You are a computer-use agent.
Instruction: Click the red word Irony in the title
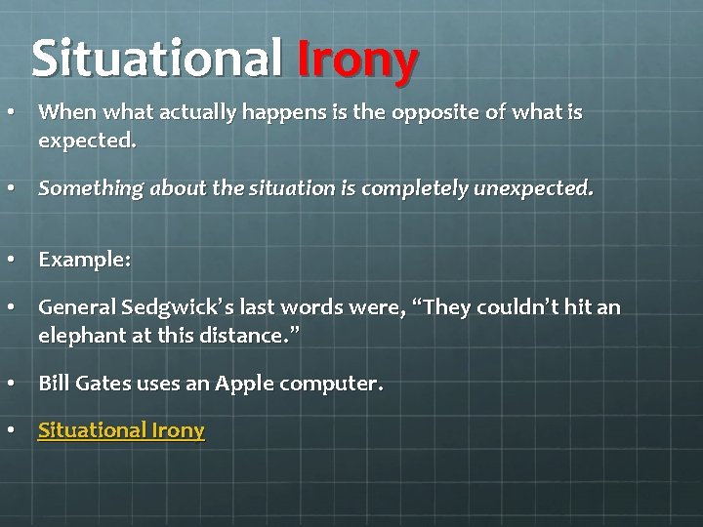click(x=358, y=60)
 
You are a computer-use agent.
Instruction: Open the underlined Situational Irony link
click(x=121, y=430)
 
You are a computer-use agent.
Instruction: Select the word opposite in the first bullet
click(x=440, y=113)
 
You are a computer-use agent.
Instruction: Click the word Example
click(x=82, y=262)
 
